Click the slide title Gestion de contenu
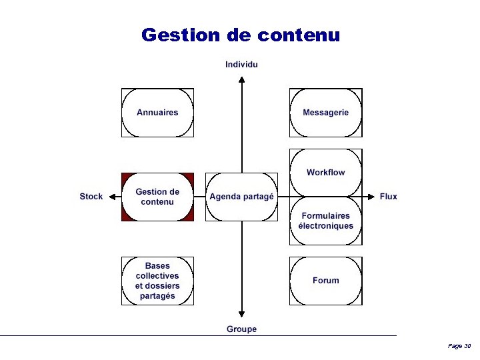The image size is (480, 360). [241, 35]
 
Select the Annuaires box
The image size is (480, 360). [157, 113]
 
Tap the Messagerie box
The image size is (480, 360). [325, 113]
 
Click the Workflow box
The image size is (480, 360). [325, 173]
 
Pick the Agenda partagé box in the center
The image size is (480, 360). [241, 197]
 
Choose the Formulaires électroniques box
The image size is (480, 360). [325, 221]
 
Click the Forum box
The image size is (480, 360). [325, 281]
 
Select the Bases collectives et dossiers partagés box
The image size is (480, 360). [157, 281]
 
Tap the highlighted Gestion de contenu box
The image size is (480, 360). [157, 197]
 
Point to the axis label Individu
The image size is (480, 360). [241, 65]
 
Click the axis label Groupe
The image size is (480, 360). [241, 329]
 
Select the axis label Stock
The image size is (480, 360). [91, 197]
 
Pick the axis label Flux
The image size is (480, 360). [388, 197]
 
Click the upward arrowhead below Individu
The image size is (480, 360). [241, 79]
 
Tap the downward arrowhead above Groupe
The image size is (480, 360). [241, 314]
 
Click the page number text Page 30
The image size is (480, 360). [459, 346]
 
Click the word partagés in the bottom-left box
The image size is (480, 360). [157, 296]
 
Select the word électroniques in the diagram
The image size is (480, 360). [325, 226]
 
